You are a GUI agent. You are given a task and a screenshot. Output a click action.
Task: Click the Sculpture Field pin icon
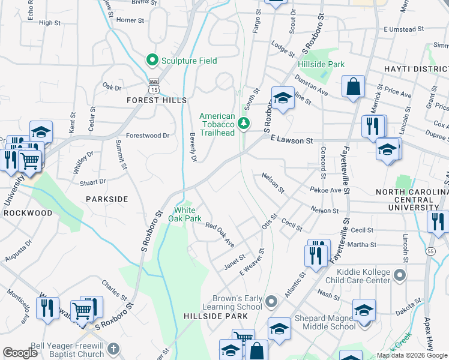[x=152, y=60]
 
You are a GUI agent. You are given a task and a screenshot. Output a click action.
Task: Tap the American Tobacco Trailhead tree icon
[x=244, y=124]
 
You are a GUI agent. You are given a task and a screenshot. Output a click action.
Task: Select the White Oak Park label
[x=188, y=214]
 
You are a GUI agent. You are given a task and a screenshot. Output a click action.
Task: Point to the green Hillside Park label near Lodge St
[x=321, y=64]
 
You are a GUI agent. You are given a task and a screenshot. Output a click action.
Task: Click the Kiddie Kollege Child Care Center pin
[x=400, y=276]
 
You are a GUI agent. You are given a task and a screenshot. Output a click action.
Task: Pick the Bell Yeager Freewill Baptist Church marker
[x=116, y=350]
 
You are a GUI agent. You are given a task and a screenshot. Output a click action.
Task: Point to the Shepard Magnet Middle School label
[x=324, y=323]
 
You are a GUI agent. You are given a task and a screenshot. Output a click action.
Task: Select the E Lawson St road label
[x=292, y=140]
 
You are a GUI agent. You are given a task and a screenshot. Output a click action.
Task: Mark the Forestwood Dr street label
[x=148, y=136]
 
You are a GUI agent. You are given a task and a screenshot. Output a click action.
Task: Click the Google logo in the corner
[x=20, y=353]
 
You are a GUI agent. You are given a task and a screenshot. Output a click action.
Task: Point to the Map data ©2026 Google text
[x=411, y=356]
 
